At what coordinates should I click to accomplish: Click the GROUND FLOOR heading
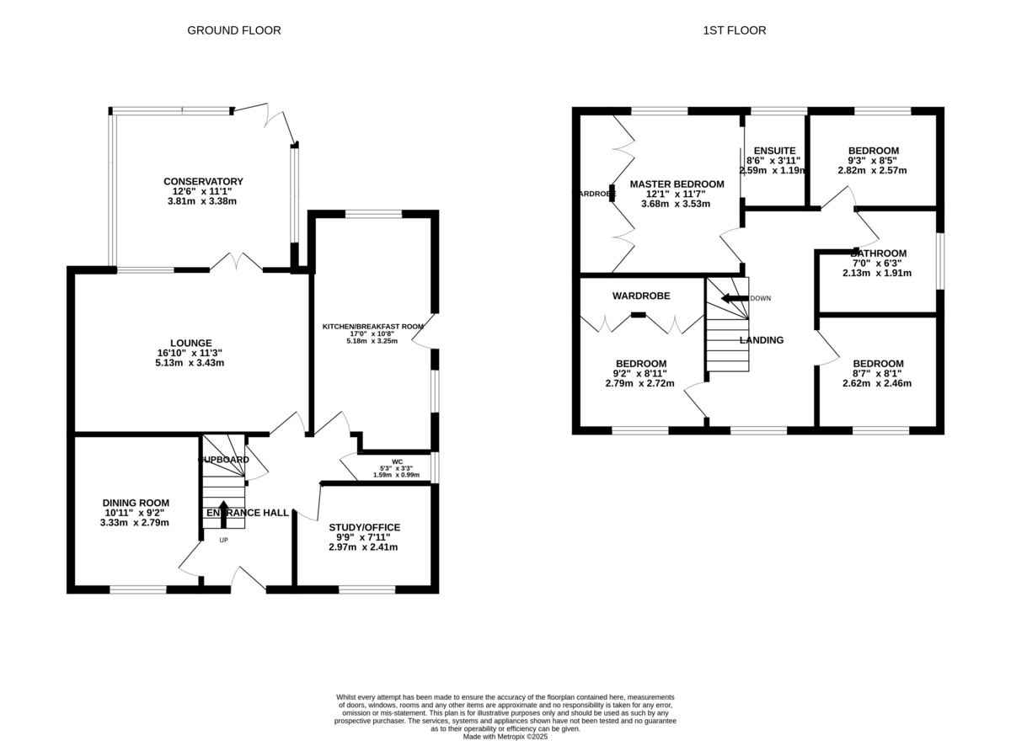(x=233, y=30)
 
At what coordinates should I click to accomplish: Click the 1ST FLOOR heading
(x=734, y=30)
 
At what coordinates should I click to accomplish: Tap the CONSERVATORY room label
(x=203, y=181)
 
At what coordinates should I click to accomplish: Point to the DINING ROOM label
(x=136, y=503)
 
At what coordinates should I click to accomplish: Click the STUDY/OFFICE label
(x=364, y=527)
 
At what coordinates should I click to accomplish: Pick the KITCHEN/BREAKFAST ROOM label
(x=372, y=326)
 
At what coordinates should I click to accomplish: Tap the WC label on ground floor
(x=397, y=461)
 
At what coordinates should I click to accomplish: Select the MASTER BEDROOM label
(x=677, y=184)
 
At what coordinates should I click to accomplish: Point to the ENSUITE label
(x=774, y=150)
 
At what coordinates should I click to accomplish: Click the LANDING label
(x=762, y=340)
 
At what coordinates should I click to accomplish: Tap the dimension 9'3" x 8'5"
(x=872, y=160)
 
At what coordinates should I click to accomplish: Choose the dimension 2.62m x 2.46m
(x=876, y=383)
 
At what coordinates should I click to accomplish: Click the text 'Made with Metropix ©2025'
(x=505, y=736)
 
